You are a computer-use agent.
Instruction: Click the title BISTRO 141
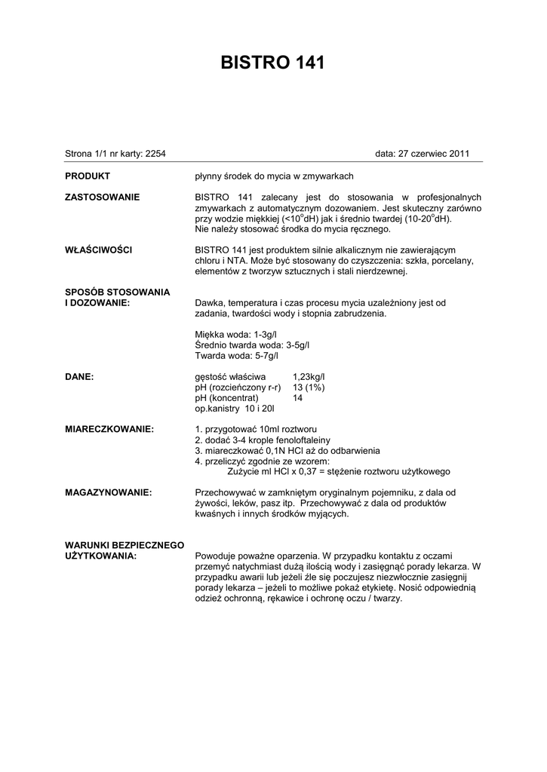(x=273, y=63)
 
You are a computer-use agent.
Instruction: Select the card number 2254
(x=155, y=154)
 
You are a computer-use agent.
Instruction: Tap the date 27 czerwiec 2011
(x=434, y=154)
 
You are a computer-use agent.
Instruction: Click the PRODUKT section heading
(x=88, y=176)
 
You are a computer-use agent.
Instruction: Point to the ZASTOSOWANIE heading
(x=102, y=197)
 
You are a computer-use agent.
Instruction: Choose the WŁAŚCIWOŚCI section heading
(x=100, y=250)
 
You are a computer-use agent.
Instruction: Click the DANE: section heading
(x=79, y=376)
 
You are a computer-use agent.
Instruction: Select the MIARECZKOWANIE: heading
(x=109, y=429)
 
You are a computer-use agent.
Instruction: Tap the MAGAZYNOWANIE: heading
(x=109, y=492)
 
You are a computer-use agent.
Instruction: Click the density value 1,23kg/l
(x=309, y=376)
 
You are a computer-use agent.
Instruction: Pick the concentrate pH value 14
(x=298, y=397)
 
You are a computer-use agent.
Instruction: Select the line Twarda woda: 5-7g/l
(x=237, y=355)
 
